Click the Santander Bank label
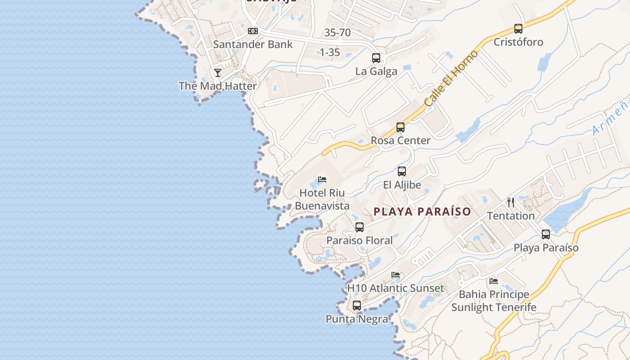point(253,45)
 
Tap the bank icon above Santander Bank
point(253,31)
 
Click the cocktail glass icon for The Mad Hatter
point(218,72)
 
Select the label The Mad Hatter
point(218,86)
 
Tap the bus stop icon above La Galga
point(376,58)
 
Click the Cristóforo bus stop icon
point(518,29)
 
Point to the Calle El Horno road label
point(450,79)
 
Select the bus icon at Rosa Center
point(400,127)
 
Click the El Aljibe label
point(402,185)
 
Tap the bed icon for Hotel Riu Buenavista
point(322,180)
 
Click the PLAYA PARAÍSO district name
point(422,211)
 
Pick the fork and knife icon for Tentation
point(511,202)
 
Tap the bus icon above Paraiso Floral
point(359,227)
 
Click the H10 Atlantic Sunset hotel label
point(396,288)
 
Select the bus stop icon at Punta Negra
point(357,306)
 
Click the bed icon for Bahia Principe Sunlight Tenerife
point(494,281)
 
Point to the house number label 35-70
point(337,32)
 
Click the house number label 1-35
point(330,52)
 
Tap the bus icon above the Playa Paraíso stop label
point(546,234)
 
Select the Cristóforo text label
point(518,42)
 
